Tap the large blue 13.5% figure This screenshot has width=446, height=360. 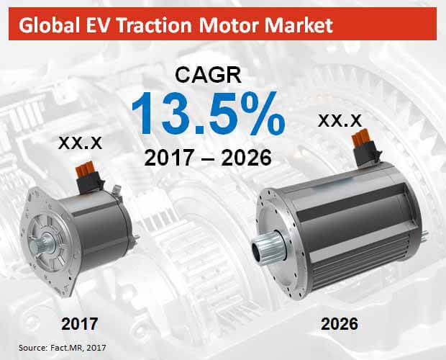(x=204, y=117)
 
